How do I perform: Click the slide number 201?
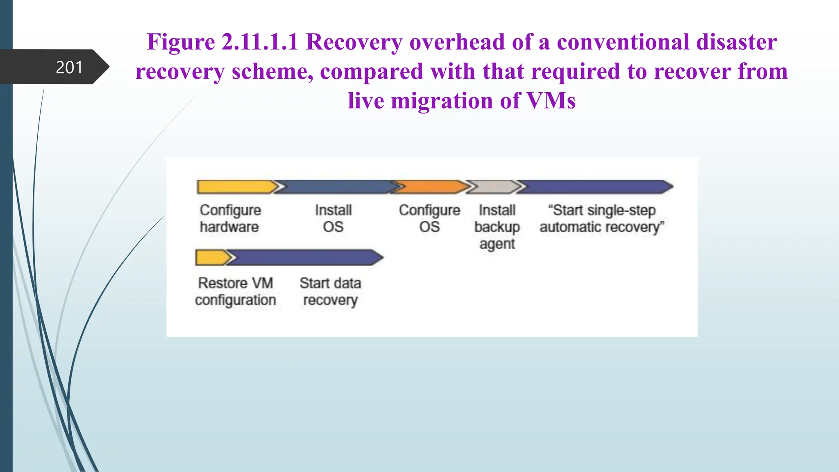pyautogui.click(x=69, y=67)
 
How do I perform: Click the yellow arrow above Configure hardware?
pyautogui.click(x=236, y=187)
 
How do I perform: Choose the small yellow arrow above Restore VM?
pyautogui.click(x=211, y=257)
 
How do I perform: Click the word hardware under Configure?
pyautogui.click(x=229, y=227)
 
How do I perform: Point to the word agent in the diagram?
pyautogui.click(x=497, y=244)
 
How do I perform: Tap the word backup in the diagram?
pyautogui.click(x=497, y=227)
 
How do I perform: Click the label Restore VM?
pyautogui.click(x=236, y=283)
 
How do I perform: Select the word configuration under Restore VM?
pyautogui.click(x=236, y=300)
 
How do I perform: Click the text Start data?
pyautogui.click(x=330, y=283)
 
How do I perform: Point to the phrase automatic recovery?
pyautogui.click(x=601, y=227)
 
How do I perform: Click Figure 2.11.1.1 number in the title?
pyautogui.click(x=260, y=42)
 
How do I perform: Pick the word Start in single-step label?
pyautogui.click(x=568, y=210)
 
